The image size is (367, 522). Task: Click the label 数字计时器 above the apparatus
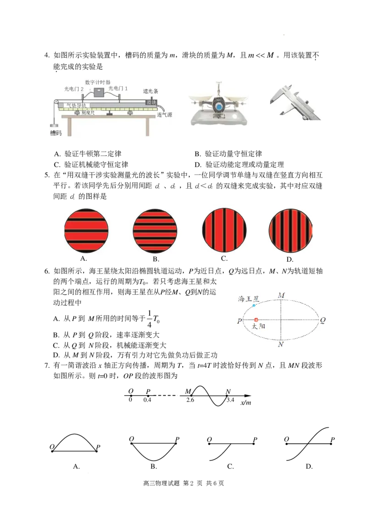(98, 82)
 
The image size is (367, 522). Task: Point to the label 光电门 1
(118, 88)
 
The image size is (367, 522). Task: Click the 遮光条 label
(151, 91)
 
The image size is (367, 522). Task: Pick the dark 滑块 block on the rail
(151, 103)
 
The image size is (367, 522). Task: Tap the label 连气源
(165, 115)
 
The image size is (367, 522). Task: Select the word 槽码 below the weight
(56, 133)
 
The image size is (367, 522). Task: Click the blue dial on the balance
(219, 107)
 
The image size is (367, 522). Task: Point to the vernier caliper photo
(295, 101)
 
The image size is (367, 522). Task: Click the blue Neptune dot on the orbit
(254, 305)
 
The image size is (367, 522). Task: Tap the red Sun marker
(256, 320)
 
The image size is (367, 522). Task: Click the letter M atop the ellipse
(281, 295)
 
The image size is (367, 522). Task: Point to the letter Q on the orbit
(323, 320)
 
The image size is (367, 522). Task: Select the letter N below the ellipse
(281, 344)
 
